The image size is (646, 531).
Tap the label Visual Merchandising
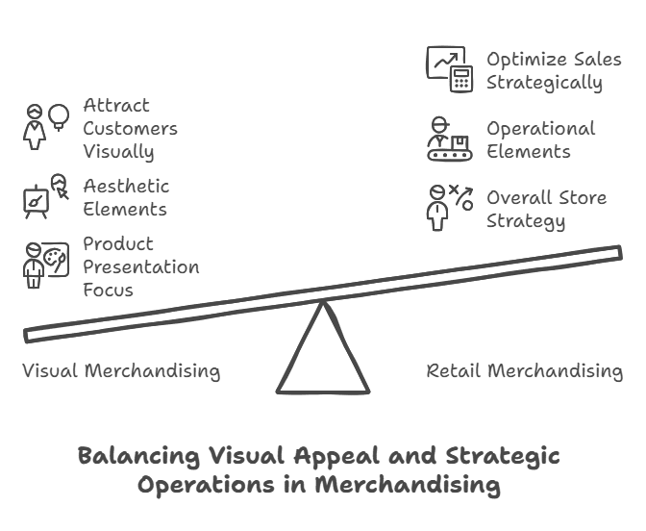point(121,371)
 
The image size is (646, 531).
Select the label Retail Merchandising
point(525,371)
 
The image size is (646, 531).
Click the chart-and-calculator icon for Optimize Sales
point(450,69)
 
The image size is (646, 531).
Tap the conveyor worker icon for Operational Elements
point(450,139)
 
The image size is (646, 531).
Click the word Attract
point(115,105)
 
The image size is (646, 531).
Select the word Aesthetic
point(126,186)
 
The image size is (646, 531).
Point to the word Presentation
point(141,266)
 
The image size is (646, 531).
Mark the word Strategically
point(544,82)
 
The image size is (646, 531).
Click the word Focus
point(108,290)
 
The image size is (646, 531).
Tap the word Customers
point(130,128)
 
